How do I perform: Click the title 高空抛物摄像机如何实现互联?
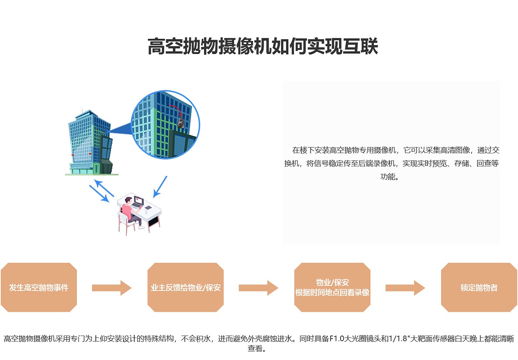[x=262, y=46]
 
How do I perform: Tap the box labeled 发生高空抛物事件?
[x=39, y=287]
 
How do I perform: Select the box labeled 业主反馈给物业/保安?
[x=186, y=287]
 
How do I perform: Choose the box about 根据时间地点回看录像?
[x=332, y=287]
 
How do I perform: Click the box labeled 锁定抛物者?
[x=479, y=287]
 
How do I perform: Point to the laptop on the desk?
[x=138, y=202]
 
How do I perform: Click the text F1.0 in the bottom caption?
[x=336, y=339]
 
